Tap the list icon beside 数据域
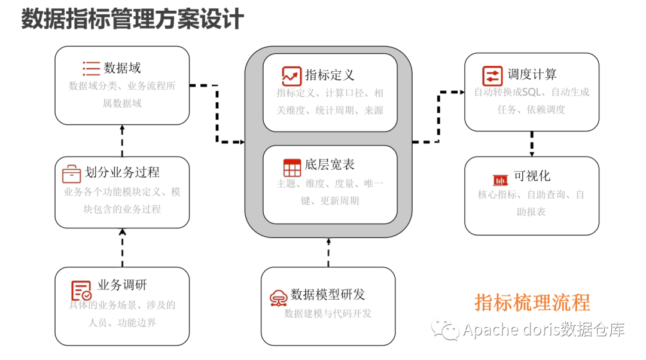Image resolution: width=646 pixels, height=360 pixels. coord(91,68)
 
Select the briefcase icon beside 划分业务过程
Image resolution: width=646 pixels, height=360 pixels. coord(71,173)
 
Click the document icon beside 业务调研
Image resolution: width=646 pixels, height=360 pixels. coord(81,291)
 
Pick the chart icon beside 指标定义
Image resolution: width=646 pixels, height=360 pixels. coord(292,75)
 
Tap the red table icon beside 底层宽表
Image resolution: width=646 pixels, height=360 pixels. coord(292,167)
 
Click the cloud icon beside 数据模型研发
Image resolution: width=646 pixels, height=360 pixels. coord(278,297)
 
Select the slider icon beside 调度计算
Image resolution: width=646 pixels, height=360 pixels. coord(492,76)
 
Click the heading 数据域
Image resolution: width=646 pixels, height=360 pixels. coord(122,68)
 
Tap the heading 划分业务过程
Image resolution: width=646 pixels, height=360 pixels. coord(122,173)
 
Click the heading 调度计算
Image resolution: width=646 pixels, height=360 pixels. coord(532,75)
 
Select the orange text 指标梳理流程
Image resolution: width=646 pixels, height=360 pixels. coord(532,302)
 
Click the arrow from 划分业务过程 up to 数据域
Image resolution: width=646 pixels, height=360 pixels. coord(123,141)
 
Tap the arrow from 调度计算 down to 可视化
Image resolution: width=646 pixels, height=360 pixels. coord(532,144)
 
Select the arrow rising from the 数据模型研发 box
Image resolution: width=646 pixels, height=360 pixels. coord(328,252)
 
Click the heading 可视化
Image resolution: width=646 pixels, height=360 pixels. coord(532,176)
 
